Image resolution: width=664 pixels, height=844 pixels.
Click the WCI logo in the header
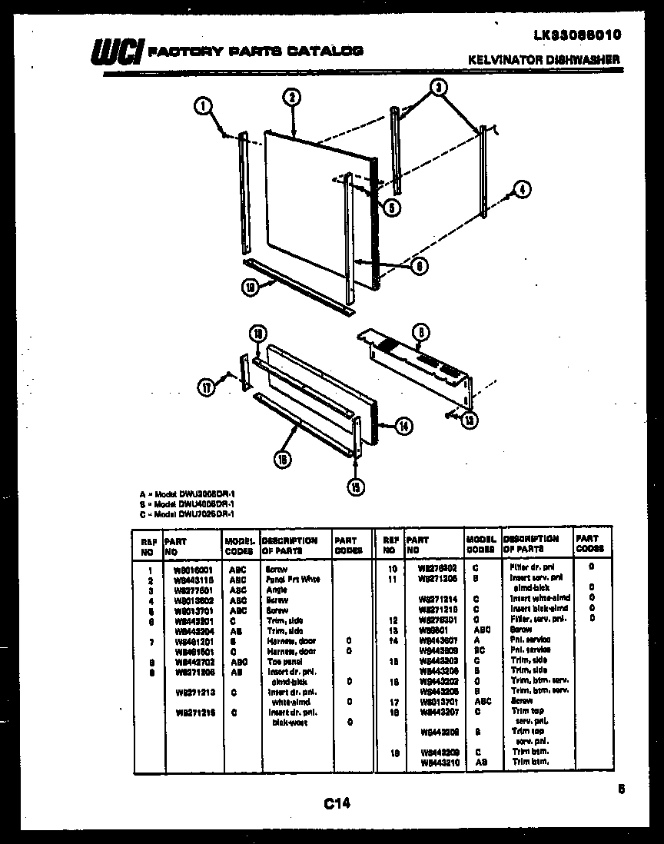click(116, 52)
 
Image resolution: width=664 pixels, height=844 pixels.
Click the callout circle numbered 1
click(203, 108)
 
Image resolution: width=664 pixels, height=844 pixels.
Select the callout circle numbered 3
click(437, 88)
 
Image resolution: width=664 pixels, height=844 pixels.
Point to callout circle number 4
click(522, 190)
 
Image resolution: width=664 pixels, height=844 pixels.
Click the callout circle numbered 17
click(206, 387)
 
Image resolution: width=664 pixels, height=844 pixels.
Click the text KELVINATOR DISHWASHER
click(544, 59)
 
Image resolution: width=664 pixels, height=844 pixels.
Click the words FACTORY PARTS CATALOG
click(255, 51)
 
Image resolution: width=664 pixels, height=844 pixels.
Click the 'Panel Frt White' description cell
click(293, 579)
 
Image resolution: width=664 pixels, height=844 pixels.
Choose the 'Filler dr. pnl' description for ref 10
click(526, 567)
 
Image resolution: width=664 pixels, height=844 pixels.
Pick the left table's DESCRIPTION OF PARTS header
click(290, 545)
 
